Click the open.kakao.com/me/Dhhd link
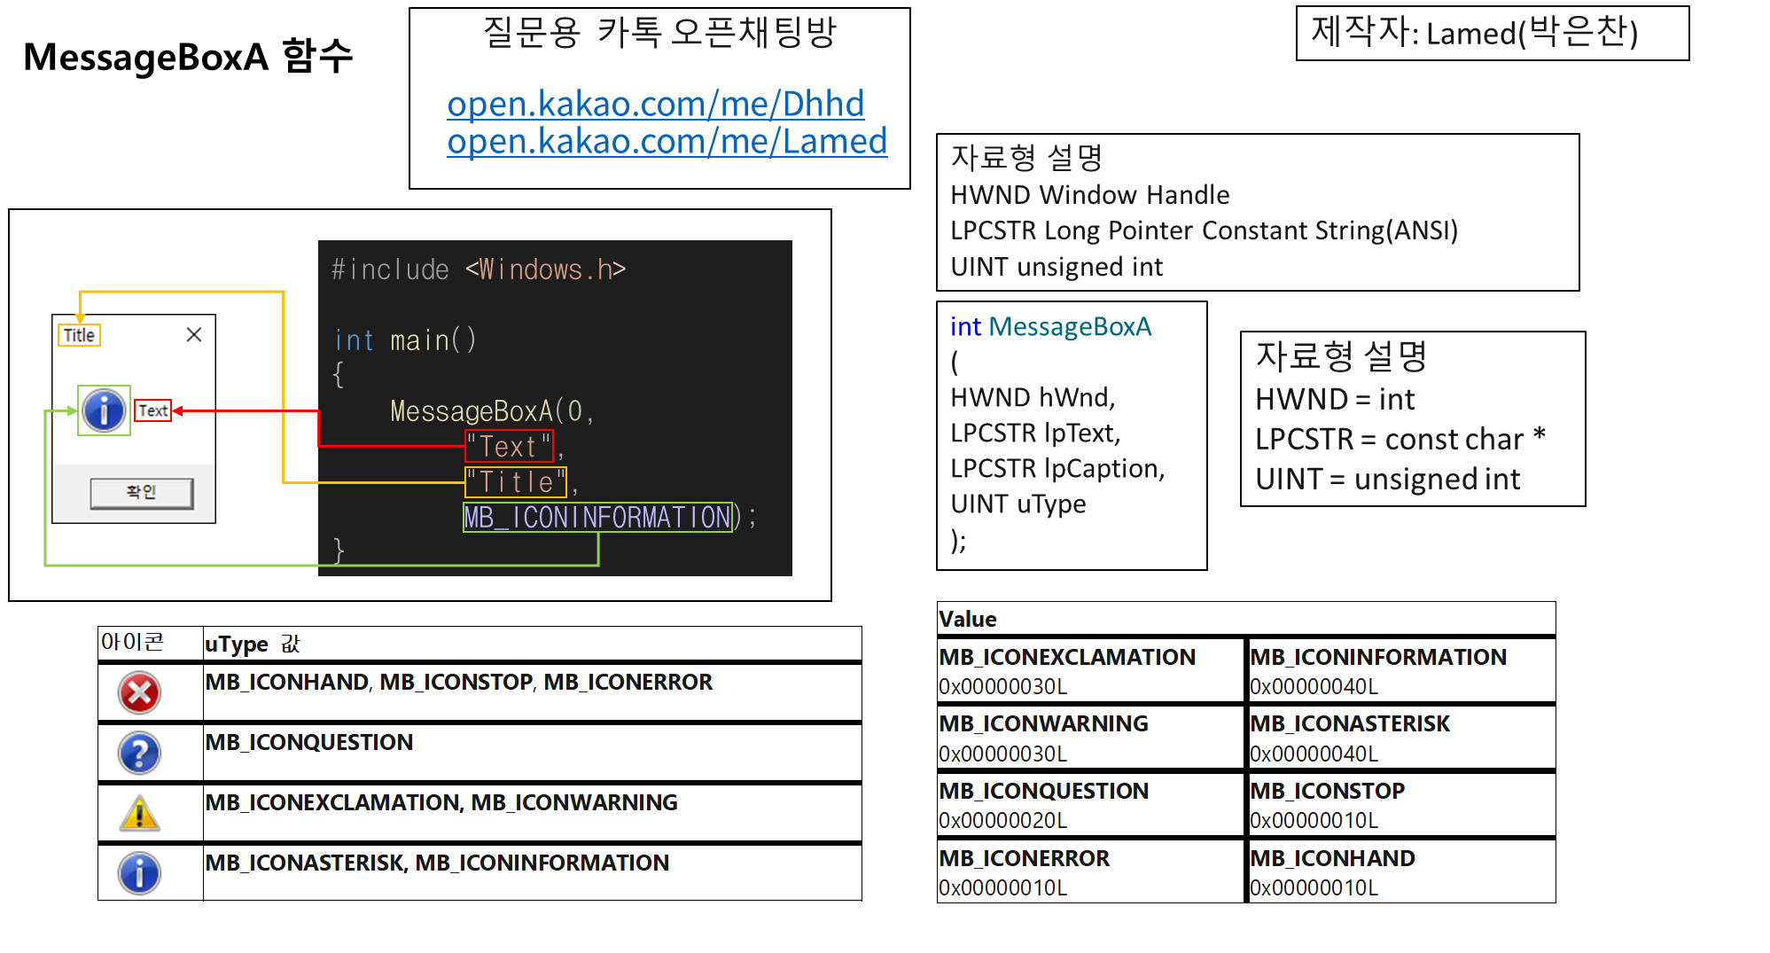click(x=655, y=105)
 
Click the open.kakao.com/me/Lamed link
click(x=667, y=142)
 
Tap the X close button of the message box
click(x=194, y=334)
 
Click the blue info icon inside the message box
click(x=104, y=410)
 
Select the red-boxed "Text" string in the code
click(x=509, y=446)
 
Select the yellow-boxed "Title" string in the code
click(x=515, y=482)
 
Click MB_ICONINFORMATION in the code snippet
click(x=597, y=517)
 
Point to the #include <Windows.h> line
click(x=478, y=269)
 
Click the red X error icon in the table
click(x=139, y=692)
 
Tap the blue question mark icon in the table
click(x=139, y=754)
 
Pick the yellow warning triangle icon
click(x=139, y=814)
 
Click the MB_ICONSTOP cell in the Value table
click(x=1400, y=804)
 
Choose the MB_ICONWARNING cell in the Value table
click(x=1089, y=737)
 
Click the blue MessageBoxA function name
click(x=1069, y=327)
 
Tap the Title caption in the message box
click(x=79, y=335)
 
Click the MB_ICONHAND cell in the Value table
click(x=1400, y=871)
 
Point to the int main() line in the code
click(x=405, y=340)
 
